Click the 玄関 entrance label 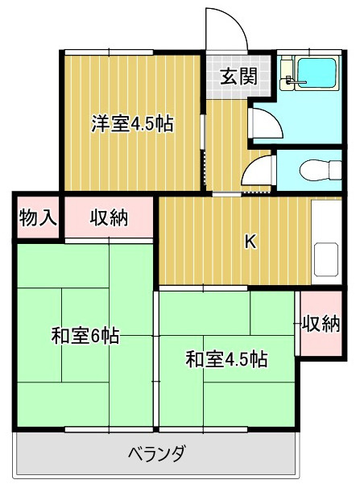239,77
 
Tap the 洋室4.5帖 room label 132,124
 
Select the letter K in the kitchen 250,242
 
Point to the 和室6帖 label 85,336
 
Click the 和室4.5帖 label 226,358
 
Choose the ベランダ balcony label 158,452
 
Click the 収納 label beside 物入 110,217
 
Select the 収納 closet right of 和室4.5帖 321,324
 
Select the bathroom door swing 263,122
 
